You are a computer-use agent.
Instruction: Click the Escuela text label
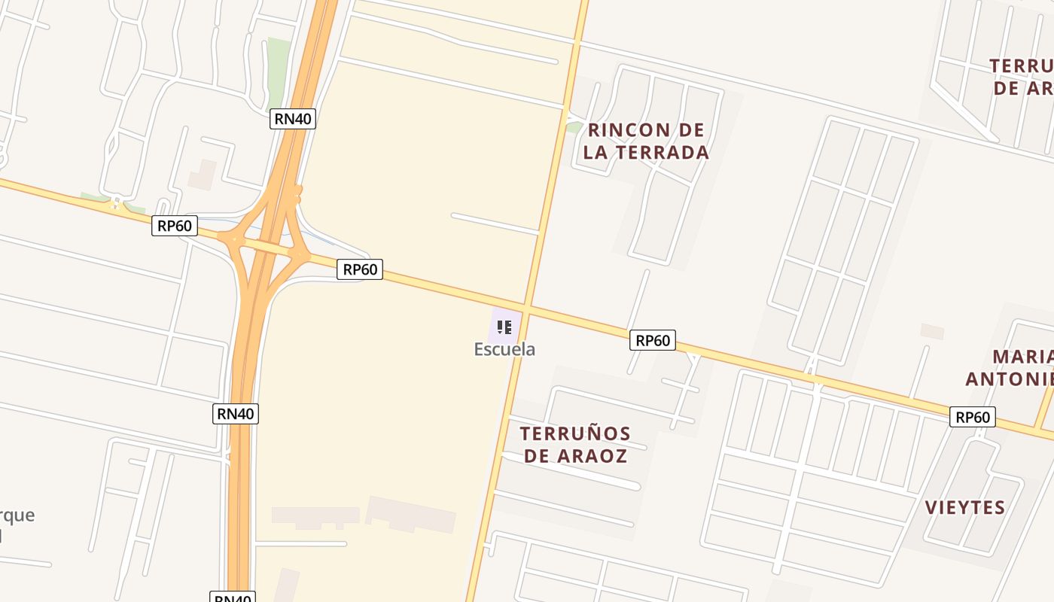504,349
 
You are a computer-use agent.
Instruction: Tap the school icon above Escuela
504,327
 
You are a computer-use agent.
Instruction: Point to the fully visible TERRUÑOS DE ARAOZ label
575,444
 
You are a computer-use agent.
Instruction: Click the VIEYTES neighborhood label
965,507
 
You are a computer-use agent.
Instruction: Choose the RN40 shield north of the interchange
293,118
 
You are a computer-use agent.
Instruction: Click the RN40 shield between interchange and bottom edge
236,413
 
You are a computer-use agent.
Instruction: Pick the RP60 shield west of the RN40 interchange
175,225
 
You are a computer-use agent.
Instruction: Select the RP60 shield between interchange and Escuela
360,269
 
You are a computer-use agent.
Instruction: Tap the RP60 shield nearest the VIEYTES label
973,416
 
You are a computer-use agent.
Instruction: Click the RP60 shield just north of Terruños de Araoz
653,340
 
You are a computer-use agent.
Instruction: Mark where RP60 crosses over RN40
265,248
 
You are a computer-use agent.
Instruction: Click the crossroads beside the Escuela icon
527,309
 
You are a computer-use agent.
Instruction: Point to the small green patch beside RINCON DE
574,127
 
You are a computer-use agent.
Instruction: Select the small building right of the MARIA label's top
932,331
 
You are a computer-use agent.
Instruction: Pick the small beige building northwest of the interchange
202,175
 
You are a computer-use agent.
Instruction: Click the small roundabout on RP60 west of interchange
116,202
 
